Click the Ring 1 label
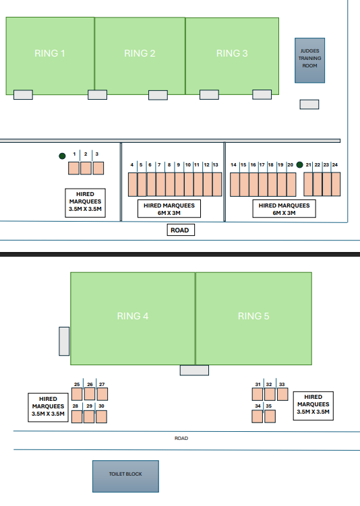(x=50, y=53)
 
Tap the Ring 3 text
(x=232, y=53)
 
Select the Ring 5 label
(x=253, y=316)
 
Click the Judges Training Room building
(x=309, y=61)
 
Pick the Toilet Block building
(x=125, y=476)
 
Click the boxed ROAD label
(x=181, y=230)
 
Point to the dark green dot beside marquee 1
(x=62, y=156)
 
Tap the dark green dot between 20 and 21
(x=299, y=165)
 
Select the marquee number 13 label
(x=215, y=164)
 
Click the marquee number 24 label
(x=335, y=164)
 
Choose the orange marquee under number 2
(x=86, y=168)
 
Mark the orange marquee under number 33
(x=282, y=394)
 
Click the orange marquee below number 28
(x=77, y=416)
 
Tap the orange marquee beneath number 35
(x=270, y=416)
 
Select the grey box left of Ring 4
(x=64, y=342)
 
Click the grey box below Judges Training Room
(x=309, y=104)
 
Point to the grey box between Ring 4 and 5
(x=194, y=371)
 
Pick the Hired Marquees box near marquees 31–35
(x=313, y=406)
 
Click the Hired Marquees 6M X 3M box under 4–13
(x=169, y=209)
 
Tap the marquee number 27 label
(x=102, y=384)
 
